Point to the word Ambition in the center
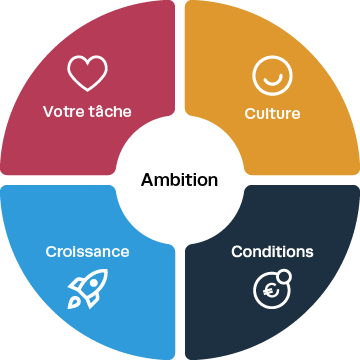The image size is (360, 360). [x=179, y=180]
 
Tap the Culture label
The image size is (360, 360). [x=272, y=113]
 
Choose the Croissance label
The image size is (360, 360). [x=87, y=252]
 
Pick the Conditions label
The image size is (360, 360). [x=272, y=252]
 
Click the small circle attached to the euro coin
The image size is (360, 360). [x=284, y=276]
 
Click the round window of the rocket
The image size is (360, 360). [x=94, y=283]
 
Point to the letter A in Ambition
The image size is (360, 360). [x=147, y=180]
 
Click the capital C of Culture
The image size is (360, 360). [x=250, y=114]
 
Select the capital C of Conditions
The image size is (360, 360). [x=237, y=252]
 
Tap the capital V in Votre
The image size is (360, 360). [x=49, y=112]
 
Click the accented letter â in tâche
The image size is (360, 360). [x=97, y=111]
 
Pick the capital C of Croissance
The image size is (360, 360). [x=51, y=252]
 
